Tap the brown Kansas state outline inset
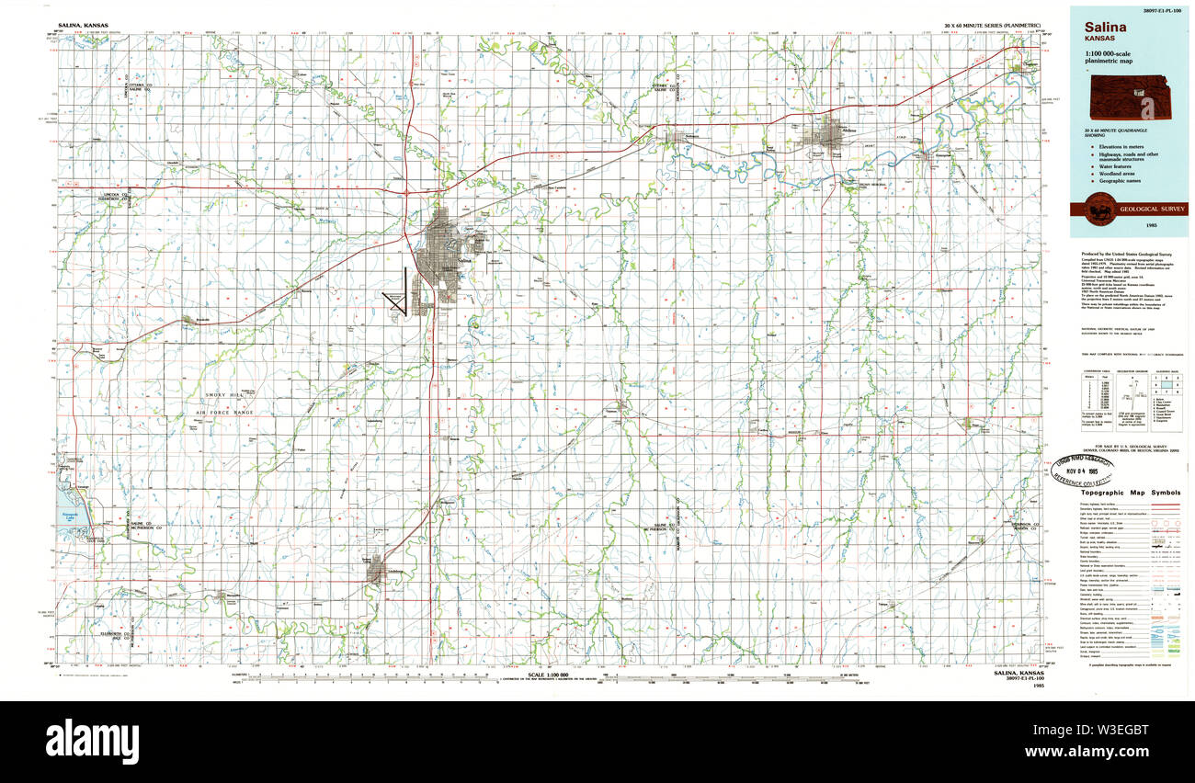1136,96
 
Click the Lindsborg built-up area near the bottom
376,573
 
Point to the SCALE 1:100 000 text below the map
552,675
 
